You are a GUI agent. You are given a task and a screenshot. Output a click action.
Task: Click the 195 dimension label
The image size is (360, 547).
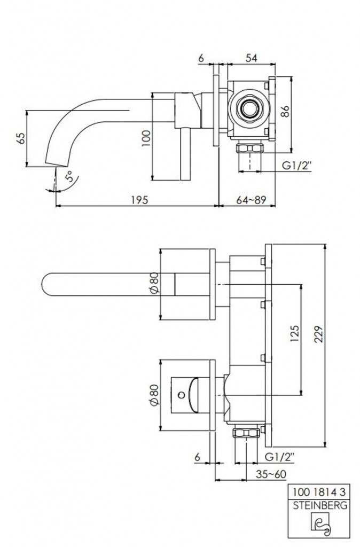tap(139, 200)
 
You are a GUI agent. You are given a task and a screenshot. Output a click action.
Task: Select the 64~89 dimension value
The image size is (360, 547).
tap(251, 200)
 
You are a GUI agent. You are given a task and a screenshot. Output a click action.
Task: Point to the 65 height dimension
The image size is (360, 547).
tap(21, 138)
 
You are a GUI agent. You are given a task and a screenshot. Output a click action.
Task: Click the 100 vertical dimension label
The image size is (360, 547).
tap(146, 138)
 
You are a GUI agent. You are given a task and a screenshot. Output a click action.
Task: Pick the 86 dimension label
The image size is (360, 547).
tap(285, 112)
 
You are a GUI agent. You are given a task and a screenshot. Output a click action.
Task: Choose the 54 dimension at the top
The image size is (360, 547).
tap(251, 58)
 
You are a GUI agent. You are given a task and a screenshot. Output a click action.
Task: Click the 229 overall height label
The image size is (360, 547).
tap(319, 334)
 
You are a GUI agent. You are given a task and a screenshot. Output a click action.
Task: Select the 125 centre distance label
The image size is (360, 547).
tap(294, 333)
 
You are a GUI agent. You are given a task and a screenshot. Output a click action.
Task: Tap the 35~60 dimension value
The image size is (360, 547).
tap(271, 474)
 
